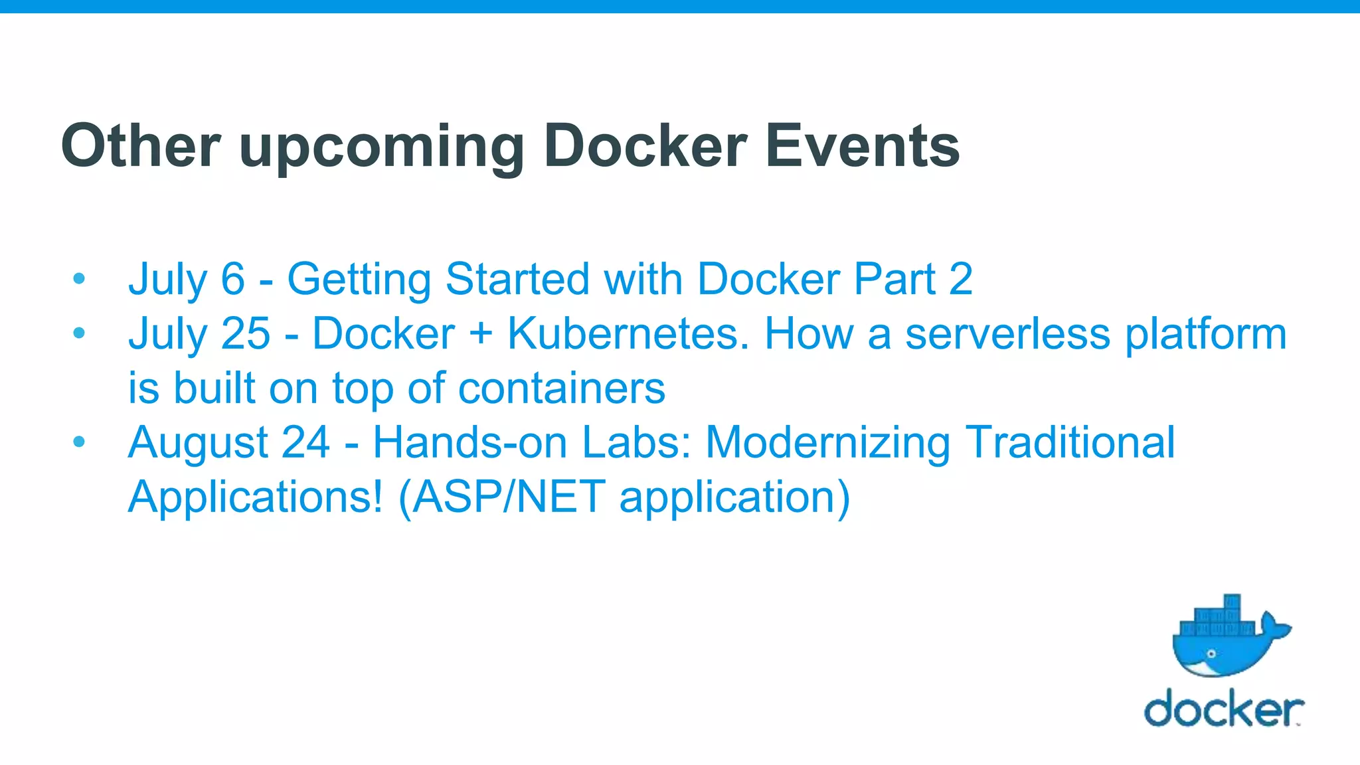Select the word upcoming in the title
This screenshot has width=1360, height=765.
pyautogui.click(x=382, y=147)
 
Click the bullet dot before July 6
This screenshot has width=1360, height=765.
pyautogui.click(x=79, y=278)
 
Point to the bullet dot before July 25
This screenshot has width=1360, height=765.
pyautogui.click(x=79, y=333)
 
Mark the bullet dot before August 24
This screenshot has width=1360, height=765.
pyautogui.click(x=79, y=442)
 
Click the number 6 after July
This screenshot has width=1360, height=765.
pyautogui.click(x=232, y=278)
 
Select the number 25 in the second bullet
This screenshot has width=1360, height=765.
pyautogui.click(x=246, y=333)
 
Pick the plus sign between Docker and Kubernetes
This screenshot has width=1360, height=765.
pyautogui.click(x=481, y=334)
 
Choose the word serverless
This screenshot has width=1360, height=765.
pyautogui.click(x=1007, y=333)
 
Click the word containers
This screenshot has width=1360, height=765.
pyautogui.click(x=561, y=388)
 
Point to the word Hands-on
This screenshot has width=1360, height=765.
pyautogui.click(x=469, y=442)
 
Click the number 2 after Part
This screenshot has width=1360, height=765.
pyautogui.click(x=960, y=278)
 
